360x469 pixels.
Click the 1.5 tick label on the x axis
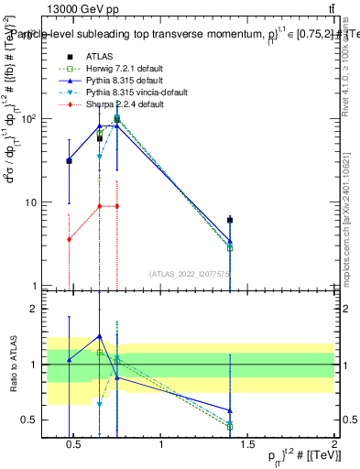pyautogui.click(x=247, y=447)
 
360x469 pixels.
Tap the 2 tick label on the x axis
pyautogui.click(x=333, y=447)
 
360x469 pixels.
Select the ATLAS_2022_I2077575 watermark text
pyautogui.click(x=190, y=273)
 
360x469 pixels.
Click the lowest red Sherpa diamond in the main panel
pyautogui.click(x=69, y=239)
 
